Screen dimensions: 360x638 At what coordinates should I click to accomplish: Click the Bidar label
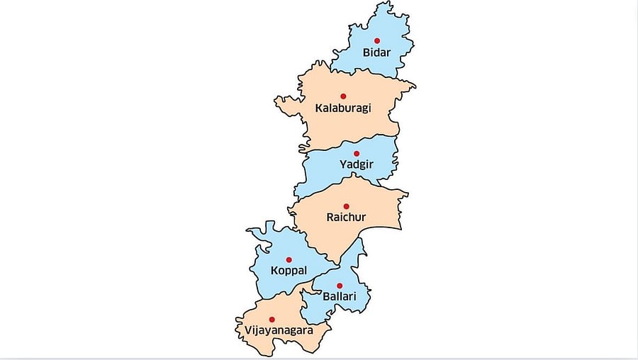[376, 52]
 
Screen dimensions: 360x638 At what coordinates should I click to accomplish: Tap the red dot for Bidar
[377, 40]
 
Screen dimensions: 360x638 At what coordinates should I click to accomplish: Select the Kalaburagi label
[343, 108]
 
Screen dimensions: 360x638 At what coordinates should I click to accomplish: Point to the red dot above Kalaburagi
[343, 96]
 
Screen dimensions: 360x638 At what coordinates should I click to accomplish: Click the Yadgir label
[356, 165]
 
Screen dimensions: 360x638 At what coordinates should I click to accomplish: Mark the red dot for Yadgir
[357, 153]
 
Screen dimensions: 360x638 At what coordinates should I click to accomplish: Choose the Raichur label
[346, 218]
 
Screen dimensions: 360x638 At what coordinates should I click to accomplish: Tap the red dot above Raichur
[347, 206]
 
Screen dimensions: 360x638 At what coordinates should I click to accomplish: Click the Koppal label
[289, 271]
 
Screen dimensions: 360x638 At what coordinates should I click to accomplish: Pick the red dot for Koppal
[289, 259]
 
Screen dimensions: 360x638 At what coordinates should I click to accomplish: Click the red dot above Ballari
[340, 286]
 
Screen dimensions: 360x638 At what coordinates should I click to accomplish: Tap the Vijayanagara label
[274, 330]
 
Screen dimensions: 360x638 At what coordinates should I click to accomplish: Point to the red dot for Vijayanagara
[272, 320]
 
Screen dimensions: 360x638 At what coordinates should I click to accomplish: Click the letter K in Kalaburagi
[318, 108]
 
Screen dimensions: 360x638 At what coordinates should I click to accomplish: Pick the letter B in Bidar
[366, 52]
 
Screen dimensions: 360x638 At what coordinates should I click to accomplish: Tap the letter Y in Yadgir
[343, 165]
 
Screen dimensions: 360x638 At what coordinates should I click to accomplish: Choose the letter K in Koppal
[275, 271]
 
